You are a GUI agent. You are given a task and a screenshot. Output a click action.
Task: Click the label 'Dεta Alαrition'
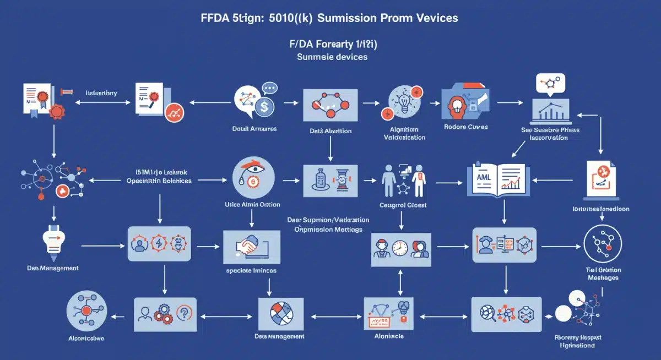coord(330,131)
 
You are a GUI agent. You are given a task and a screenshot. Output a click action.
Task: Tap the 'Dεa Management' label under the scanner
coord(52,268)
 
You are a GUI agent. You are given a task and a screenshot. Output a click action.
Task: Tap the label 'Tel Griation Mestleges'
coord(603,274)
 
